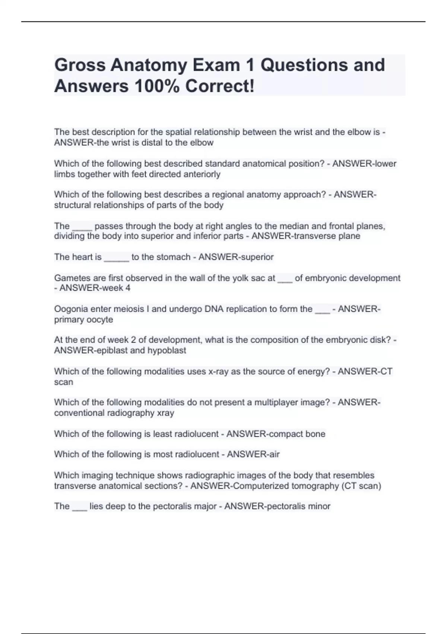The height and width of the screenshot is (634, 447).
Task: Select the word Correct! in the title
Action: click(x=220, y=87)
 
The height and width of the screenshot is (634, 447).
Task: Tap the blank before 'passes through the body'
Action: click(x=82, y=226)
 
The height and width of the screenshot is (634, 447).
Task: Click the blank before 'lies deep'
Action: click(x=79, y=506)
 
